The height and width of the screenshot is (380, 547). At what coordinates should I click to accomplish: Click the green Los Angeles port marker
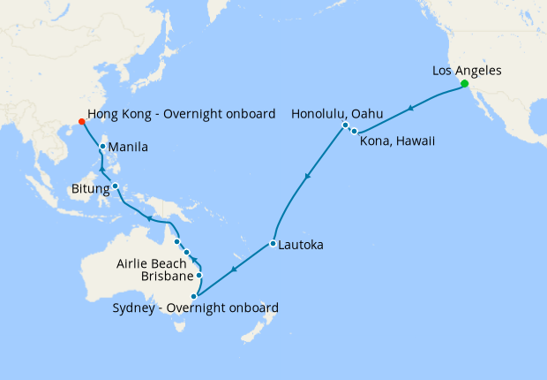pyautogui.click(x=464, y=84)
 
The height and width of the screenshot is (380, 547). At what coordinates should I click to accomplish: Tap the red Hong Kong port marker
pyautogui.click(x=81, y=122)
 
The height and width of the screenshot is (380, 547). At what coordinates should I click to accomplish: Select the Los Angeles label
pyautogui.click(x=467, y=70)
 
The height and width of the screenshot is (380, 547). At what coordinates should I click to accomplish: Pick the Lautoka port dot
pyautogui.click(x=273, y=243)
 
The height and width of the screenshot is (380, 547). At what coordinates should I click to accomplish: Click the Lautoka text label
pyautogui.click(x=302, y=244)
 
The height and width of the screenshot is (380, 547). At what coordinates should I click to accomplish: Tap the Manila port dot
pyautogui.click(x=103, y=147)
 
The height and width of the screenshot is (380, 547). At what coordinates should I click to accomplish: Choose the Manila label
pyautogui.click(x=128, y=147)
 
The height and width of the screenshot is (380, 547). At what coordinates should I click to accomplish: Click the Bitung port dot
pyautogui.click(x=115, y=186)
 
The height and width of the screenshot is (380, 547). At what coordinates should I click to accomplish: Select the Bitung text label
pyautogui.click(x=89, y=188)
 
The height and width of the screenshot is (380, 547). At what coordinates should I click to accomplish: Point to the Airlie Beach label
pyautogui.click(x=151, y=263)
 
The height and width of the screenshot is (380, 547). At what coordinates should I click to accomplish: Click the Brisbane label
pyautogui.click(x=166, y=277)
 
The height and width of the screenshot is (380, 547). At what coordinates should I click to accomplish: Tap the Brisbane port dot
pyautogui.click(x=199, y=276)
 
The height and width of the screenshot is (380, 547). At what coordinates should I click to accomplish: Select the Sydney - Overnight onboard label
pyautogui.click(x=196, y=308)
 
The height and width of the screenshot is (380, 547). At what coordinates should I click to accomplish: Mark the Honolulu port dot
pyautogui.click(x=345, y=125)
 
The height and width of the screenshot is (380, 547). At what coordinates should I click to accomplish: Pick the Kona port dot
pyautogui.click(x=354, y=132)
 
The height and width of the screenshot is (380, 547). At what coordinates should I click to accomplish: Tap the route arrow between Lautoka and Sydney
pyautogui.click(x=234, y=269)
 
